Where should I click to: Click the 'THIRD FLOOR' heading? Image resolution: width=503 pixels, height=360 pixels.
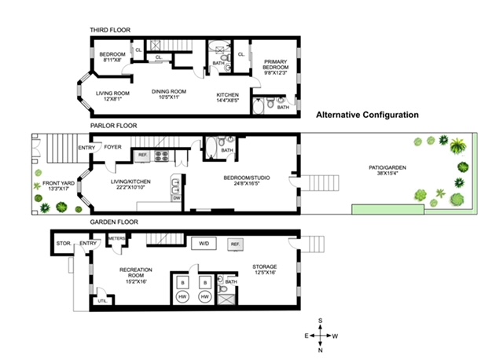tap(110, 30)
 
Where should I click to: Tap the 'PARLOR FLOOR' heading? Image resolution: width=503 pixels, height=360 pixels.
tap(113, 124)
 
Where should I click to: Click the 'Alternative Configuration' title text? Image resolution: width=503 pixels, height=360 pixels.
tap(367, 114)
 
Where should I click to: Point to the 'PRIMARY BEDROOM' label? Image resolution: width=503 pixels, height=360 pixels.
tap(277, 64)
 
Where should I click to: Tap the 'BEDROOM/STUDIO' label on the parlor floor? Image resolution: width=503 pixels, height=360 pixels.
tap(248, 178)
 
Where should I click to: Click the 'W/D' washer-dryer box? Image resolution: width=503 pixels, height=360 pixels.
tap(204, 244)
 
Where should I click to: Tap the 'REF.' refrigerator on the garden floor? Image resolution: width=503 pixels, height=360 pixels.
tap(235, 245)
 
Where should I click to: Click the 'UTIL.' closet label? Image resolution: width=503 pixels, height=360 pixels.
tap(101, 300)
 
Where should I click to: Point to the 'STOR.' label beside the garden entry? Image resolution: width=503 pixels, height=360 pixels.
tap(64, 244)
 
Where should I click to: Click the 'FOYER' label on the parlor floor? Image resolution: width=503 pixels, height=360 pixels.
tap(113, 146)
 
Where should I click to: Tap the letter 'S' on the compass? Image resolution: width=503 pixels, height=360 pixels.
tap(321, 320)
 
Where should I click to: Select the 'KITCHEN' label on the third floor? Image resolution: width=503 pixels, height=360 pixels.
tap(228, 94)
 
